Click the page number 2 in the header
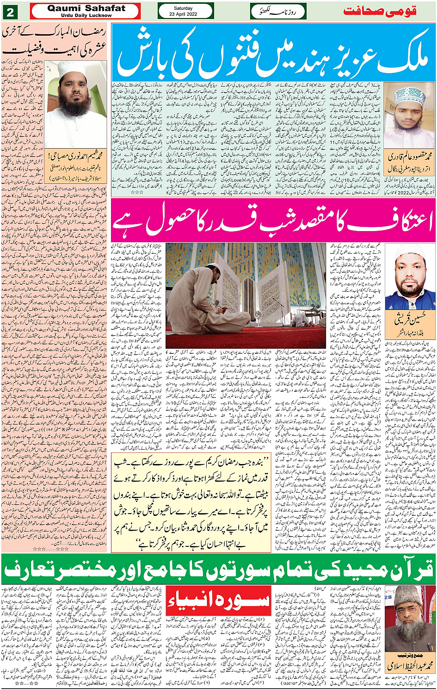pyautogui.click(x=10, y=11)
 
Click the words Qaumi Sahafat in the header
pyautogui.click(x=86, y=8)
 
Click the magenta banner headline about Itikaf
pyautogui.click(x=273, y=220)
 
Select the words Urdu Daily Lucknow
pyautogui.click(x=86, y=15)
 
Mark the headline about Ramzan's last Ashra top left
pyautogui.click(x=55, y=41)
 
